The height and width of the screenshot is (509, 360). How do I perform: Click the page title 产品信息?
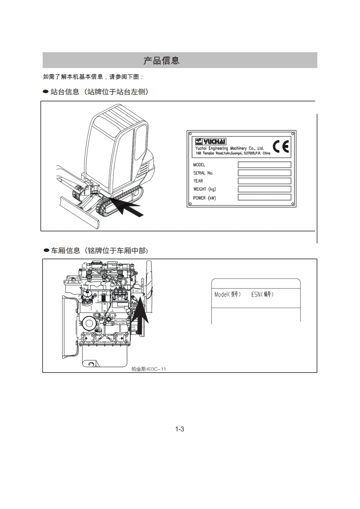162,60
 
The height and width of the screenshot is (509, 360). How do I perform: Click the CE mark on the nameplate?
281,147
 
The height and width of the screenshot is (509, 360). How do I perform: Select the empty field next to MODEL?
264,165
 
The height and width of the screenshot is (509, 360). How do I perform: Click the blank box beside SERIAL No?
264,173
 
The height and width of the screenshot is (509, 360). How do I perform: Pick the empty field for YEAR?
264,181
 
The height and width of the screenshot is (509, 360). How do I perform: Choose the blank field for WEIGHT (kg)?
264,189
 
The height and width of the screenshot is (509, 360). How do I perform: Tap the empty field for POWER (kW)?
264,197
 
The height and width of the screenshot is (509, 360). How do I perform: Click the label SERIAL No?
203,173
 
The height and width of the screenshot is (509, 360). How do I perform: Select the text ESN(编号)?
262,294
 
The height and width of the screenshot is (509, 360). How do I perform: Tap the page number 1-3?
179,429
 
